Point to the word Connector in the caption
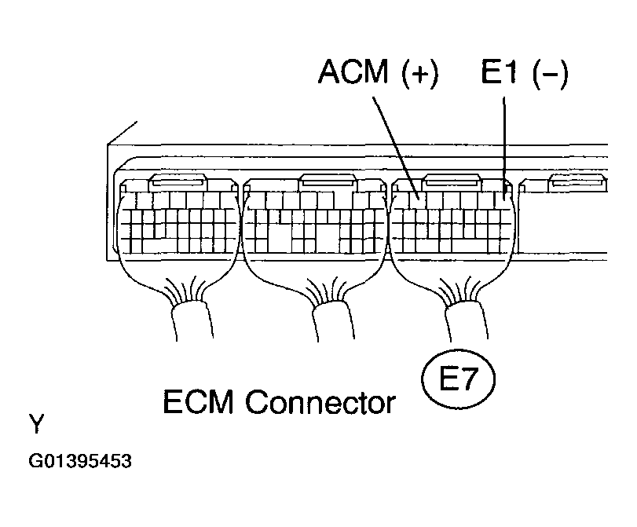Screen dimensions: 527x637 [x=320, y=403]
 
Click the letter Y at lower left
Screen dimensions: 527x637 [x=36, y=425]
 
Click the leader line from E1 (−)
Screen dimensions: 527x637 [x=503, y=141]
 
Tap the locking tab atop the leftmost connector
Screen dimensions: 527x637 [x=180, y=183]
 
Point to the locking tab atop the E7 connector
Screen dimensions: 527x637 [x=453, y=180]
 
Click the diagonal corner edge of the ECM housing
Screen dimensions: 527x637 [x=122, y=133]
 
